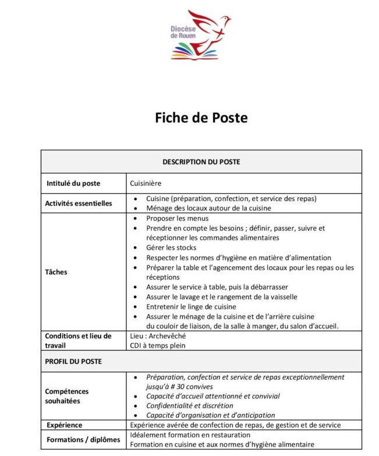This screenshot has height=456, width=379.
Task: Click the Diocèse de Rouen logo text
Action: coord(183,31)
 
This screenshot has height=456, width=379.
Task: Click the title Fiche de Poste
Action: coord(201,118)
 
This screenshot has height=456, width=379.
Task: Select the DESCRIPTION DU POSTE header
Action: coord(201,162)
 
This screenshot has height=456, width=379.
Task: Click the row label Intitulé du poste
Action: coord(73,183)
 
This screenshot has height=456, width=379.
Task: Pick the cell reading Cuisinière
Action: coord(145,183)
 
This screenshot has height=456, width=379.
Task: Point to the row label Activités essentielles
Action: coord(79,203)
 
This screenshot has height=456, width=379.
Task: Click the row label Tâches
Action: coord(56,272)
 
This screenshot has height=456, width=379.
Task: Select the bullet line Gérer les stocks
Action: coord(171,248)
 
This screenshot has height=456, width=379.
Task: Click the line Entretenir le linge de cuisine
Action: coord(191,307)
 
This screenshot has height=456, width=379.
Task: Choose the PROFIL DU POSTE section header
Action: coord(73,361)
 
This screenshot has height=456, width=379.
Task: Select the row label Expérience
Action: coord(65,425)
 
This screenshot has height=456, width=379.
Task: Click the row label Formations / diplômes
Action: coord(83,440)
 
